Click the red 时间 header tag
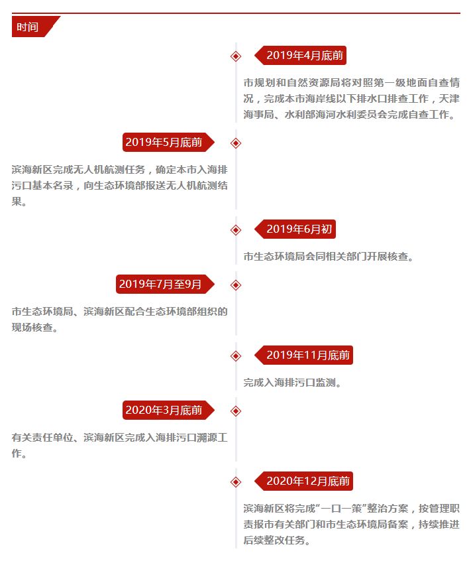[32, 27]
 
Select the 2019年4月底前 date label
[301, 56]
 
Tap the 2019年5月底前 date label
[168, 143]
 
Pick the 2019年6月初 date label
[295, 229]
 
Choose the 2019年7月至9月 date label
[165, 284]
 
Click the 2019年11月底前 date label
[304, 355]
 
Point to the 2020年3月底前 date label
[168, 410]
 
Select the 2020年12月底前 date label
[304, 481]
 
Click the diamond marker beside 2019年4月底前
[236, 56]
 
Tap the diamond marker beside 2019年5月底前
[236, 143]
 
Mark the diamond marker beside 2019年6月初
[236, 230]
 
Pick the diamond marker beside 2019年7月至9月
[236, 285]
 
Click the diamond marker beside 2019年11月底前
[236, 356]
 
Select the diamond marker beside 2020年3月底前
[236, 411]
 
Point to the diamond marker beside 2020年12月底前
[236, 482]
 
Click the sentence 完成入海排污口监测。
[292, 383]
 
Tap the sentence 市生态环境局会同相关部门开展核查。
[329, 257]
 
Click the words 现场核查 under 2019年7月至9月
[32, 328]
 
